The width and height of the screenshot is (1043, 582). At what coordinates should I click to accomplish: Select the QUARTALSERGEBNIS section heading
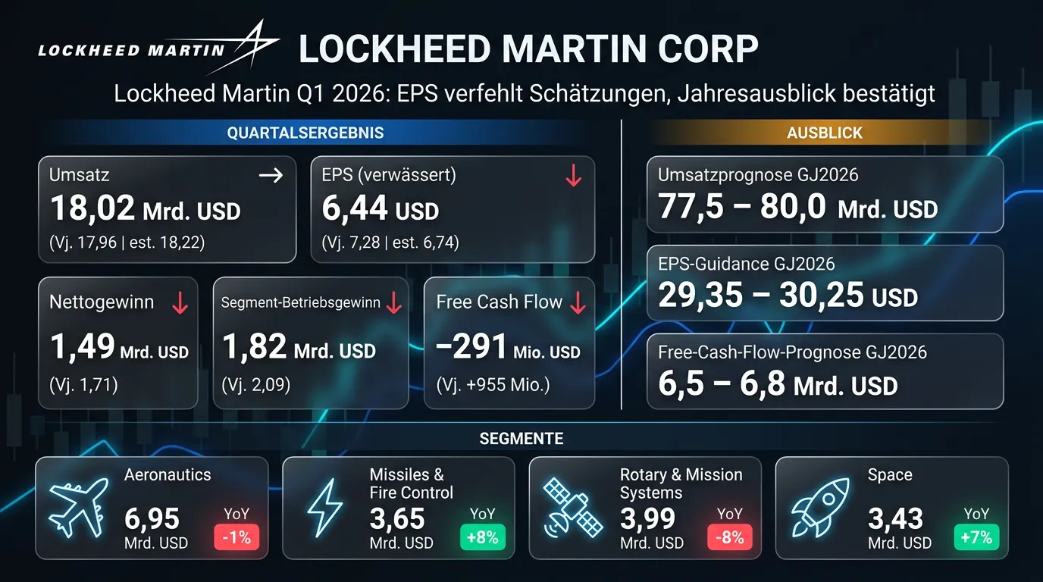pyautogui.click(x=305, y=133)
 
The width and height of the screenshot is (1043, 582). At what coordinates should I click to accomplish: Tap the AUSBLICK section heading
pyautogui.click(x=825, y=133)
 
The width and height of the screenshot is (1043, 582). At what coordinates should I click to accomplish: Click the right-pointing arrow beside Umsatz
pyautogui.click(x=271, y=175)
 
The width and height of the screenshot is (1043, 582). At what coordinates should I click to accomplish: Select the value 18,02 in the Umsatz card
pyautogui.click(x=92, y=208)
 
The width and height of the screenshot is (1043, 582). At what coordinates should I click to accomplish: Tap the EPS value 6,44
pyautogui.click(x=355, y=208)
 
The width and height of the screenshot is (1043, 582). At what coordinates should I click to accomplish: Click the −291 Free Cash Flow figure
pyautogui.click(x=471, y=348)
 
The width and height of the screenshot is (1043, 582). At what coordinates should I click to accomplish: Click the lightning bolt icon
pyautogui.click(x=324, y=507)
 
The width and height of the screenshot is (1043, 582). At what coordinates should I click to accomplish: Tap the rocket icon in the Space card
pyautogui.click(x=819, y=507)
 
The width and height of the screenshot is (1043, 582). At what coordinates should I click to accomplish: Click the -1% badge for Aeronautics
pyautogui.click(x=237, y=538)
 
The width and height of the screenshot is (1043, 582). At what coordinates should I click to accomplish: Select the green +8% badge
pyautogui.click(x=483, y=538)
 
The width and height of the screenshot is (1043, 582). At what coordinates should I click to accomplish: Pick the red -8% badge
pyautogui.click(x=730, y=538)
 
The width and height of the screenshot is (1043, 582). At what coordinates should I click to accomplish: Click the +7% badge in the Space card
pyautogui.click(x=976, y=538)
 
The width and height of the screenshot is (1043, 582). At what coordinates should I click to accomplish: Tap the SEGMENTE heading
pyautogui.click(x=521, y=439)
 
